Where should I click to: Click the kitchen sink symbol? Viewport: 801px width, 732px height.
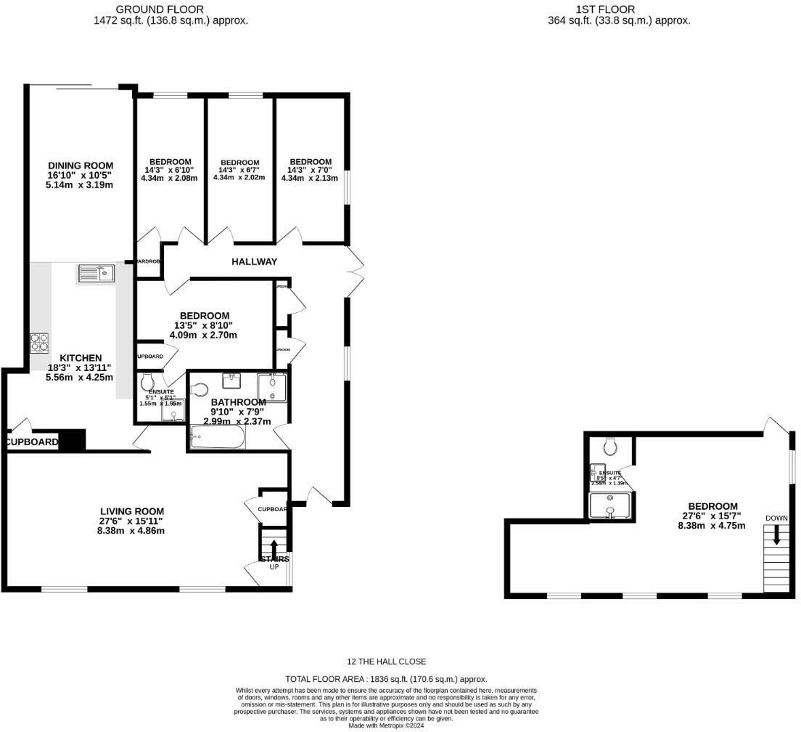tap(96, 273)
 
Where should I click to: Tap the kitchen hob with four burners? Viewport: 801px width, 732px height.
tap(39, 342)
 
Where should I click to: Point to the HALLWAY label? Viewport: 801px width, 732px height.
tap(254, 261)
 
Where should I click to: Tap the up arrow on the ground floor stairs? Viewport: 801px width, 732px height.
tap(274, 548)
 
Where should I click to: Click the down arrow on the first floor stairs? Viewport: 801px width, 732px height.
tap(776, 537)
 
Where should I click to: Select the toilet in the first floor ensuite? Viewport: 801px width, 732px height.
tap(610, 445)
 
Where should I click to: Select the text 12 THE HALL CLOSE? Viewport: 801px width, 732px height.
tap(386, 662)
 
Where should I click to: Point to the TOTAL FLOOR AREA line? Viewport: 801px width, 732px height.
tap(386, 678)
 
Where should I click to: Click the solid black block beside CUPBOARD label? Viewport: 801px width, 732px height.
tap(72, 441)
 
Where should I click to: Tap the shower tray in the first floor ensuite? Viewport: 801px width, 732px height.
tap(611, 506)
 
